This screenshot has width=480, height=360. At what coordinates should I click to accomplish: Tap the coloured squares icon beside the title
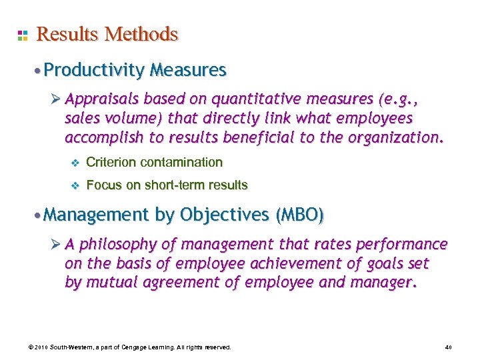[23, 35]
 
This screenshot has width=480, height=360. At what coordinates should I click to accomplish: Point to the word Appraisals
[103, 101]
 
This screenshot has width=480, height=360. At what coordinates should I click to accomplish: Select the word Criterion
[111, 162]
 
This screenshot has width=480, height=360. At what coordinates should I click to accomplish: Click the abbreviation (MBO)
[299, 215]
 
